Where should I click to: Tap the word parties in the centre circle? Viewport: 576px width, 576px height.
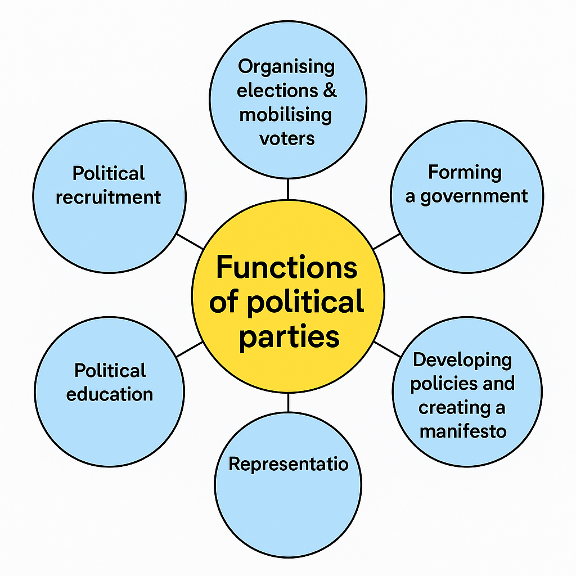(289, 336)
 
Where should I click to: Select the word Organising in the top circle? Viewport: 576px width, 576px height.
(286, 66)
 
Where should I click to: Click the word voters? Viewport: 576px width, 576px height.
(287, 138)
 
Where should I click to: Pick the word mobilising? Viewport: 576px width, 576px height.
(286, 114)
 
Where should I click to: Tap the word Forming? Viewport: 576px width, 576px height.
(465, 173)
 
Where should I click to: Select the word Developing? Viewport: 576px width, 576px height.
(462, 360)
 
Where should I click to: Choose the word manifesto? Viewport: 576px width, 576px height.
(463, 431)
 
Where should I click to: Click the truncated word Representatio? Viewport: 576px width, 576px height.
(289, 464)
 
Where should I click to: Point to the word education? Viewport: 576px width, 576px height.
(110, 394)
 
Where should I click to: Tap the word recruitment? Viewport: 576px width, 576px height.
(109, 197)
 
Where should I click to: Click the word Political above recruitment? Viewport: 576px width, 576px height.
(109, 173)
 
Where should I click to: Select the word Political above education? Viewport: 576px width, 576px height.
(110, 371)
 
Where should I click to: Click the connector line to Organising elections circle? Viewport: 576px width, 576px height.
(288, 189)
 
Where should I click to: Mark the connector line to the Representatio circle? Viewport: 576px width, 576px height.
(288, 402)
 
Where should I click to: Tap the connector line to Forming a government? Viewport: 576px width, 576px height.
(386, 241)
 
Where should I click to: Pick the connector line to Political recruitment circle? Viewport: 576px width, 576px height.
(190, 241)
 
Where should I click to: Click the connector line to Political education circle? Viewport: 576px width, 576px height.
(190, 349)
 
